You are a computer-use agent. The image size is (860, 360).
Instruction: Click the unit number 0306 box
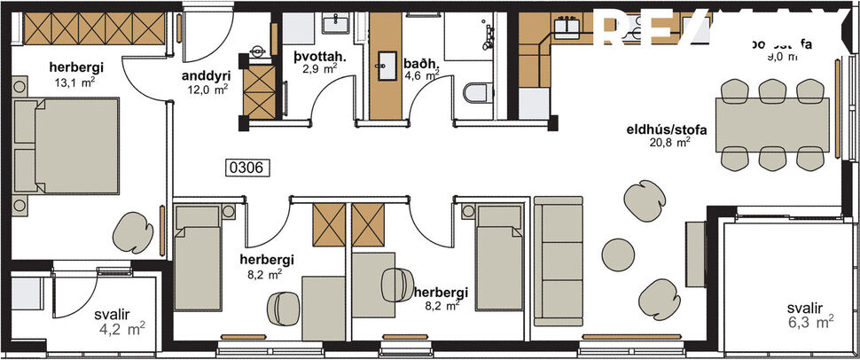coord(248,166)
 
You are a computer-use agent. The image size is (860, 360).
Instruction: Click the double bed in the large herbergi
coord(67,145)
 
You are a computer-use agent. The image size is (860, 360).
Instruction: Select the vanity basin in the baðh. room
coord(387,61)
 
